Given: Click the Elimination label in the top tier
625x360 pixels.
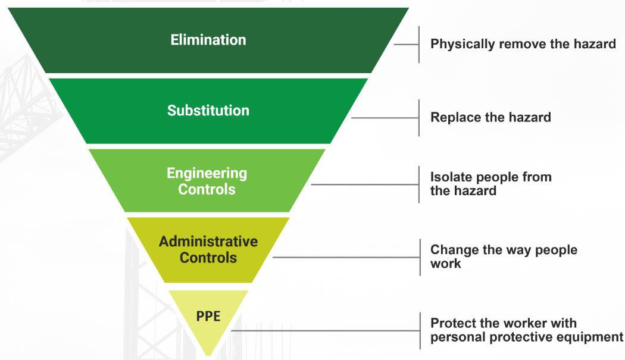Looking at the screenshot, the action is tap(208, 40).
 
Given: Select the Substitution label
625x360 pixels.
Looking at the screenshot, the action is tap(208, 111).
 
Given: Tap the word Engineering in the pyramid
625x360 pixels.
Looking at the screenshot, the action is tap(207, 173).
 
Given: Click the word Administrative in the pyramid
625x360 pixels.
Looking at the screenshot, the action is tap(208, 242).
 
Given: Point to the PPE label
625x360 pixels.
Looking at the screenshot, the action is tap(208, 316).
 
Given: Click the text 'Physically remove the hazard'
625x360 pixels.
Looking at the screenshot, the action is tap(523, 44).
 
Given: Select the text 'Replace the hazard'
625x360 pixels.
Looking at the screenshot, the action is tap(490, 117).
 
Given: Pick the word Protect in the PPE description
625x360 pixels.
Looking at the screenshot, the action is tap(454, 323).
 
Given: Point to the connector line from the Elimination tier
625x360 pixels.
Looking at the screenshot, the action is tap(407, 44).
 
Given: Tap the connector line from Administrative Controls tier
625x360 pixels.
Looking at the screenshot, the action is tap(345, 257).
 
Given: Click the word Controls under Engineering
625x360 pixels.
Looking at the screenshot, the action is tap(207, 190).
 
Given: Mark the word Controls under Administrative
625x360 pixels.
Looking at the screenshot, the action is tap(208, 258).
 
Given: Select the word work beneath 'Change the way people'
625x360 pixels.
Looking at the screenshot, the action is tap(445, 263).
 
